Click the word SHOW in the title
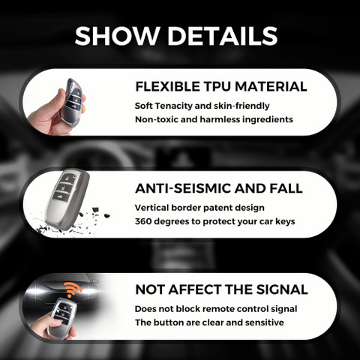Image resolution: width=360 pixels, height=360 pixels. pyautogui.click(x=117, y=36)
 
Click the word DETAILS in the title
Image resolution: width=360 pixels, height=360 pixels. pyautogui.click(x=223, y=36)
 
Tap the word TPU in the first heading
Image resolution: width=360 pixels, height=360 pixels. pyautogui.click(x=217, y=86)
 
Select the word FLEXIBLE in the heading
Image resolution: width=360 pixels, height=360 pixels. pyautogui.click(x=167, y=86)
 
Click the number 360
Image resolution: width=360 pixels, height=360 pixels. pyautogui.click(x=143, y=221)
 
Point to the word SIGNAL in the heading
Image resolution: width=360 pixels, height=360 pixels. pyautogui.click(x=282, y=289)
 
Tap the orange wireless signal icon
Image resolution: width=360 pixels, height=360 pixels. pyautogui.click(x=73, y=289)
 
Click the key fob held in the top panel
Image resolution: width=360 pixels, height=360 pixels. pyautogui.click(x=71, y=101)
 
